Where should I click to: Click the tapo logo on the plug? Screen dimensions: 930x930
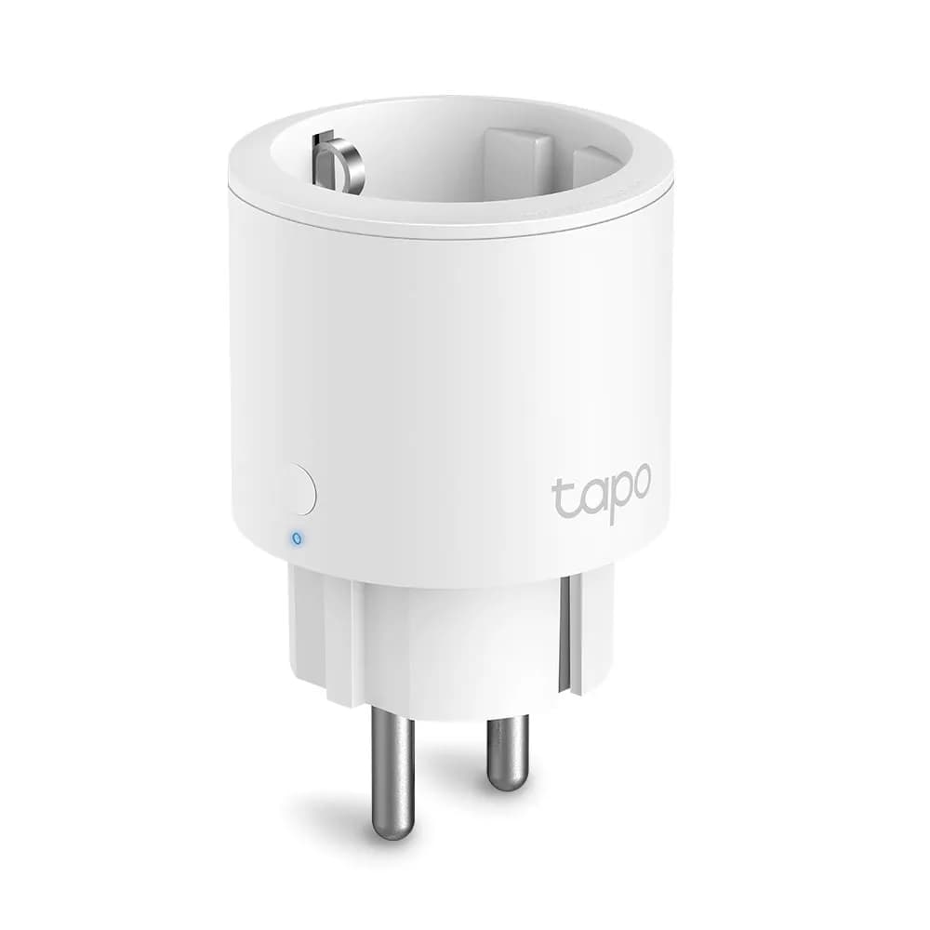(601, 492)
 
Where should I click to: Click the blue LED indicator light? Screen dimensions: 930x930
(296, 538)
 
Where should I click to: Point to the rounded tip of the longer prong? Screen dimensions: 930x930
(392, 830)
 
